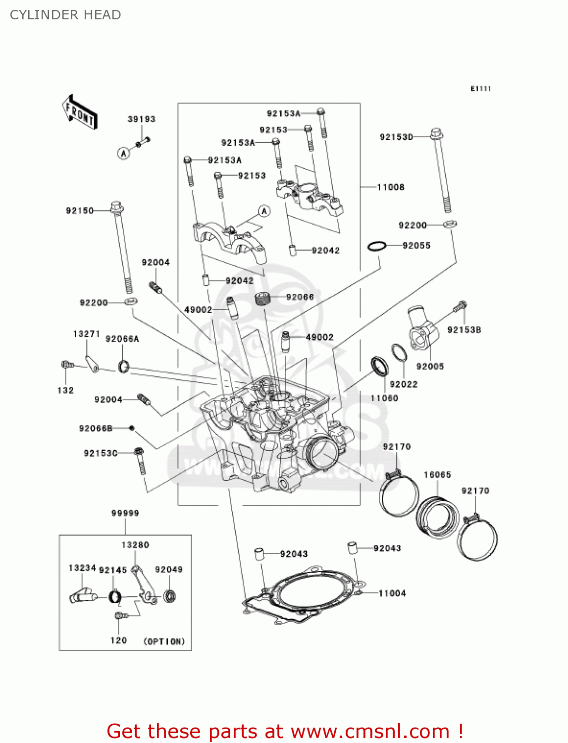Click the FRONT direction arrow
pos(79,112)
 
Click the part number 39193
pos(141,119)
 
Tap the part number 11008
pos(391,187)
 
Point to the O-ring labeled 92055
pos(377,246)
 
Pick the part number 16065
pos(437,475)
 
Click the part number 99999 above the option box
pos(125,513)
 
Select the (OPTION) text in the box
pos(164,641)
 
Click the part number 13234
pos(82,568)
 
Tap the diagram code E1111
pos(480,89)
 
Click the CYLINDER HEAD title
pos(65,15)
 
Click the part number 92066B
pos(96,428)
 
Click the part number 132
pos(65,390)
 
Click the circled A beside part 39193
pos(123,153)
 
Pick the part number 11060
pos(384,398)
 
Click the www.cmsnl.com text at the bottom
pos(369,731)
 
